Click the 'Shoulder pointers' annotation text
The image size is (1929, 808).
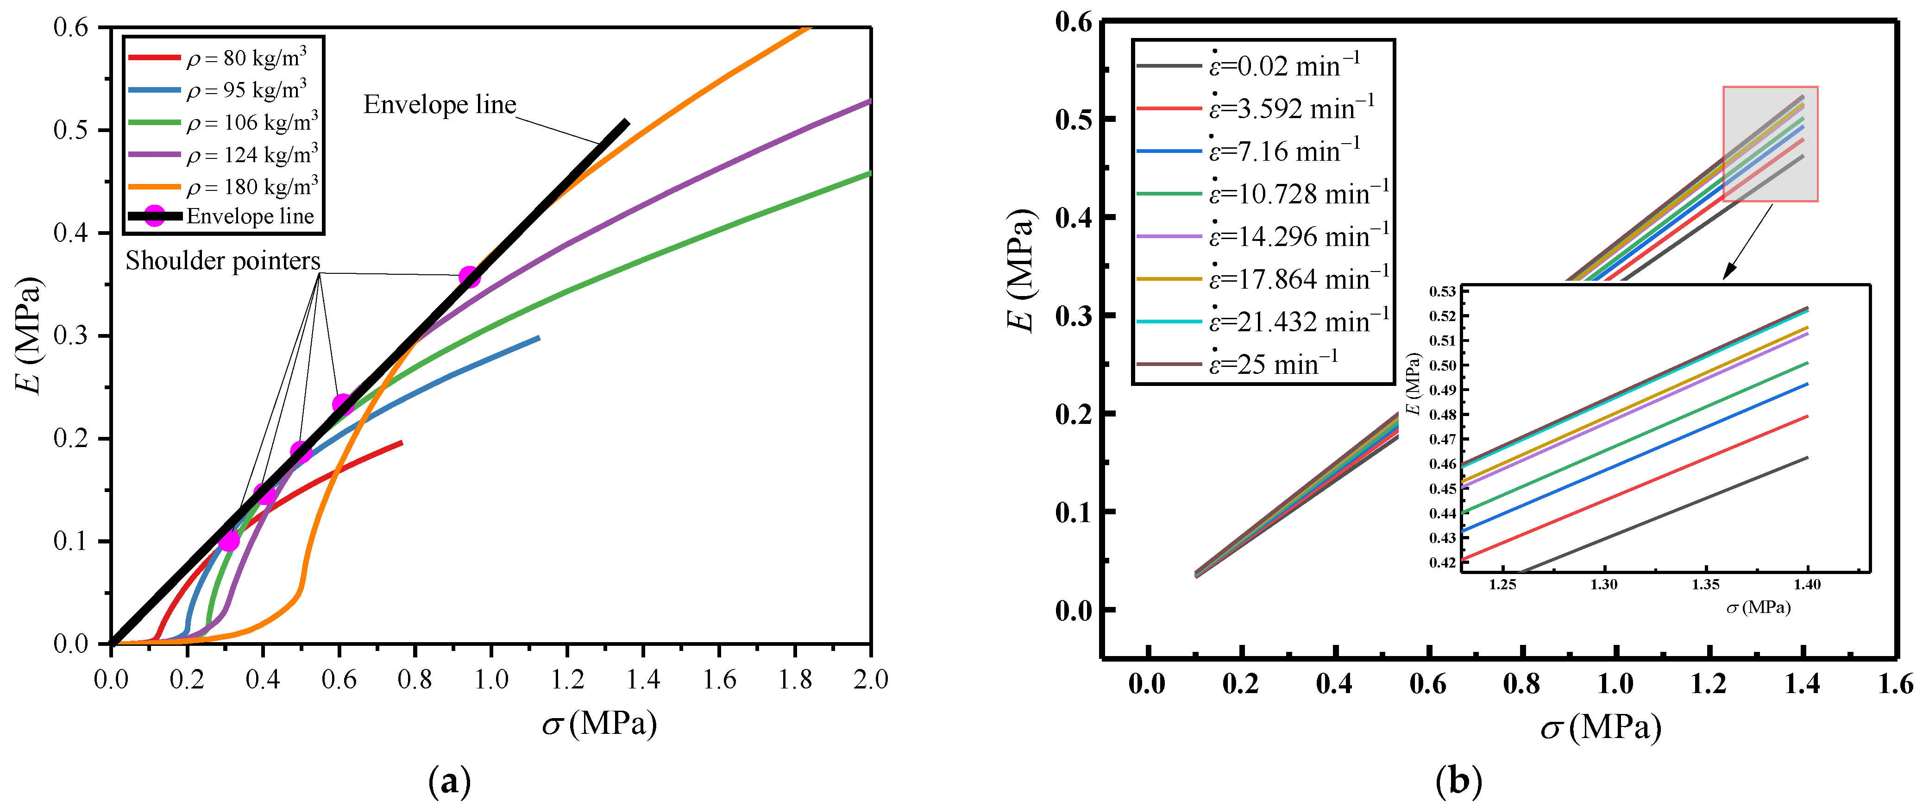(222, 260)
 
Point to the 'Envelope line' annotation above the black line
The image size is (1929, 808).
(440, 105)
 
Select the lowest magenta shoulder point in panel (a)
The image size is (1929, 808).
(229, 540)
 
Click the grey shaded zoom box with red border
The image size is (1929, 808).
(1770, 144)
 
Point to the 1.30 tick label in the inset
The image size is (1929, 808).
(1603, 585)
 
